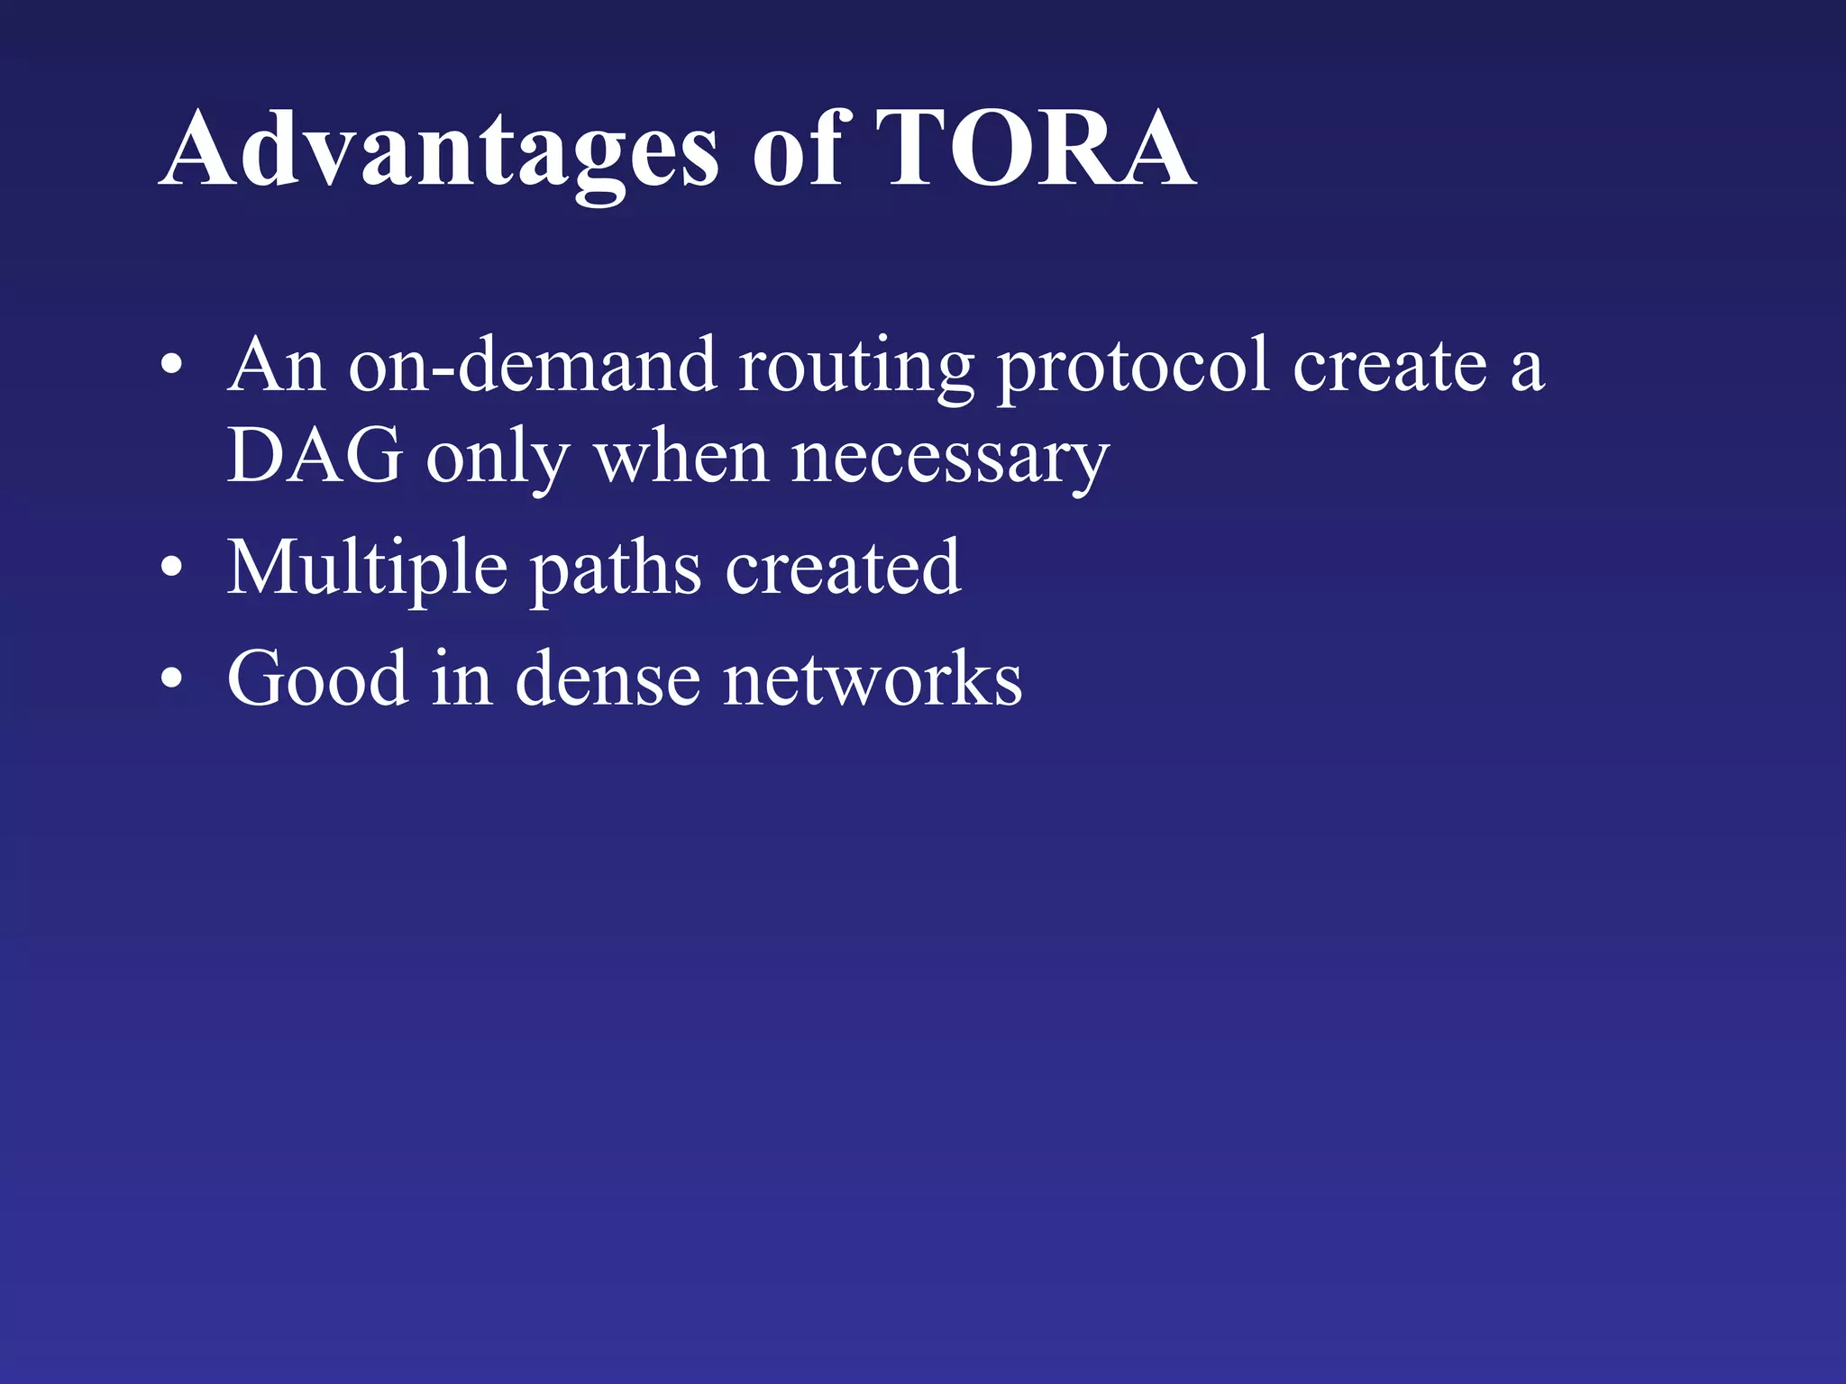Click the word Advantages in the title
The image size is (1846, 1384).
tap(439, 149)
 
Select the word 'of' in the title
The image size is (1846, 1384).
tap(797, 149)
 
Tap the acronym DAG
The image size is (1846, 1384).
tap(315, 456)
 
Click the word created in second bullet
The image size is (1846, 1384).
tap(843, 568)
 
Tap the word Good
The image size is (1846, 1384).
tap(317, 678)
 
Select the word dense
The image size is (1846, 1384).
tap(608, 678)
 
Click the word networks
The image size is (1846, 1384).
tap(873, 678)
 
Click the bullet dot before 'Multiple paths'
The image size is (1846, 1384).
tap(171, 569)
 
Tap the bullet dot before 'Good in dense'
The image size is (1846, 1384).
tap(171, 679)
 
